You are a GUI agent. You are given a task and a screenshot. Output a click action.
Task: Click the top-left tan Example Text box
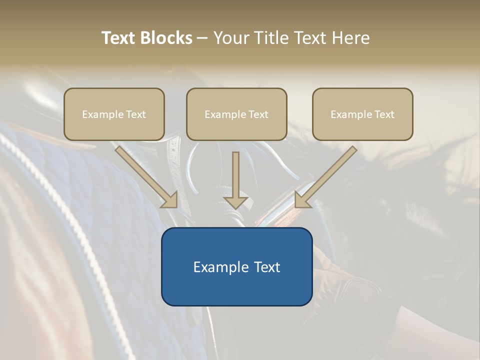click(114, 114)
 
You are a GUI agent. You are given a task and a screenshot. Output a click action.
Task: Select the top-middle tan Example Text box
click(236, 114)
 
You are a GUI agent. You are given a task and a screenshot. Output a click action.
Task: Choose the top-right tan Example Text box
click(362, 114)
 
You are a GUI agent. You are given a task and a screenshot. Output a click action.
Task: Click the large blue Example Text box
click(236, 266)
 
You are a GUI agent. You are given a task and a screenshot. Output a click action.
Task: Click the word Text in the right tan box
click(384, 114)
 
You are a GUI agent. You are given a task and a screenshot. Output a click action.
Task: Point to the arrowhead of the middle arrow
click(235, 202)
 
